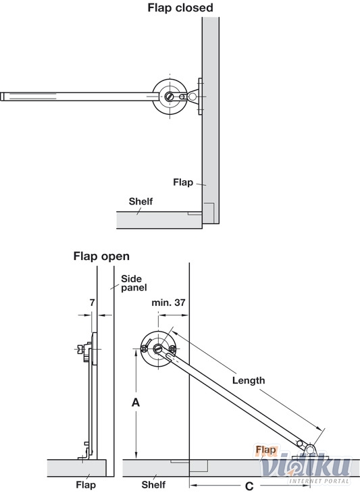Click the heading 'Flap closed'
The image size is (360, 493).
pos(180,7)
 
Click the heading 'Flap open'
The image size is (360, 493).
pos(101,256)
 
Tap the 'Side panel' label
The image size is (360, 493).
pos(134,283)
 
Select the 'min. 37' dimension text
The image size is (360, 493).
pos(168,303)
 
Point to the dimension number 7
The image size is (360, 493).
pos(92,303)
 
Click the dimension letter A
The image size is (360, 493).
pos(136,402)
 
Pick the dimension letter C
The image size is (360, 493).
pos(249,486)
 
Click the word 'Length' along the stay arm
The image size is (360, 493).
pos(249,380)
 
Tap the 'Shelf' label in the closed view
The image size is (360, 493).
pos(140,201)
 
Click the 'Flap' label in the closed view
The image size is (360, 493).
pos(183,182)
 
